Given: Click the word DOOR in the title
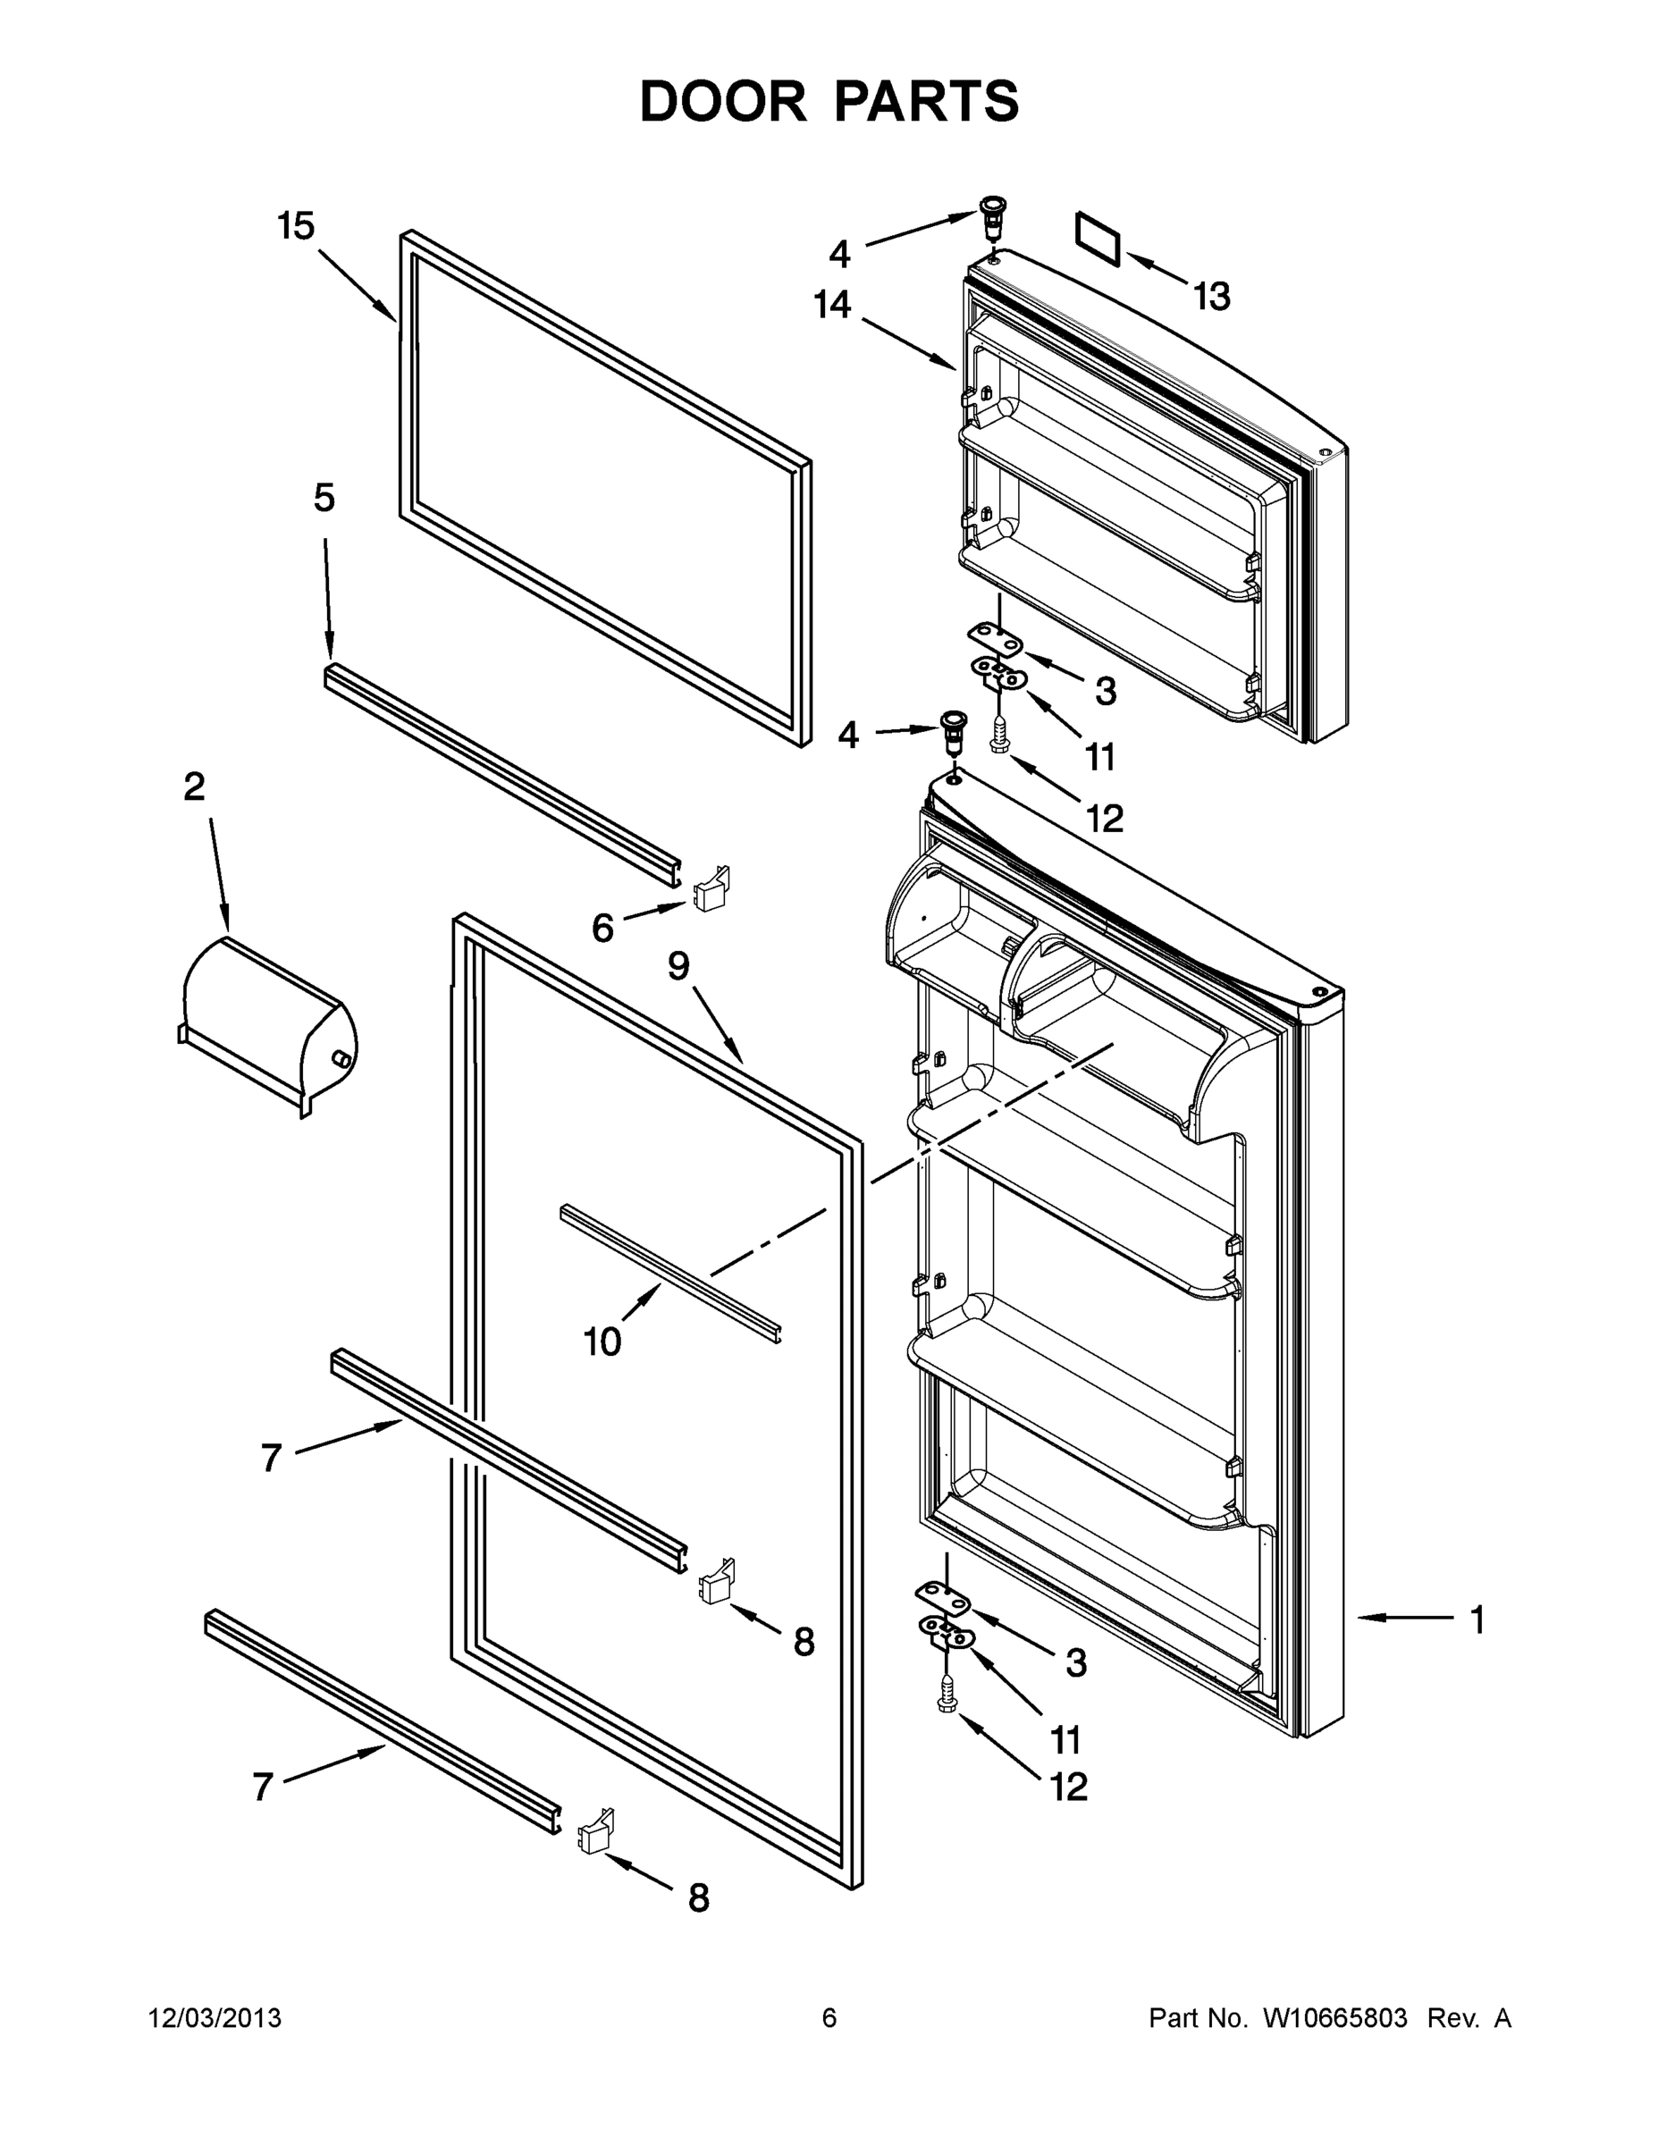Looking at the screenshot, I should [x=723, y=101].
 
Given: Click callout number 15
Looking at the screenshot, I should [x=296, y=226].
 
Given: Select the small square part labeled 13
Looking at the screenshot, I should [x=1098, y=239].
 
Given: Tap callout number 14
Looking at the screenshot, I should [x=832, y=305].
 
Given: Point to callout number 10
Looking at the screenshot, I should [x=602, y=1341].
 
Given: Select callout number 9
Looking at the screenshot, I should [x=678, y=966].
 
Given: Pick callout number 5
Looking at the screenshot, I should [x=324, y=498].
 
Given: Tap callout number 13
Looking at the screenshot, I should [x=1212, y=296].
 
